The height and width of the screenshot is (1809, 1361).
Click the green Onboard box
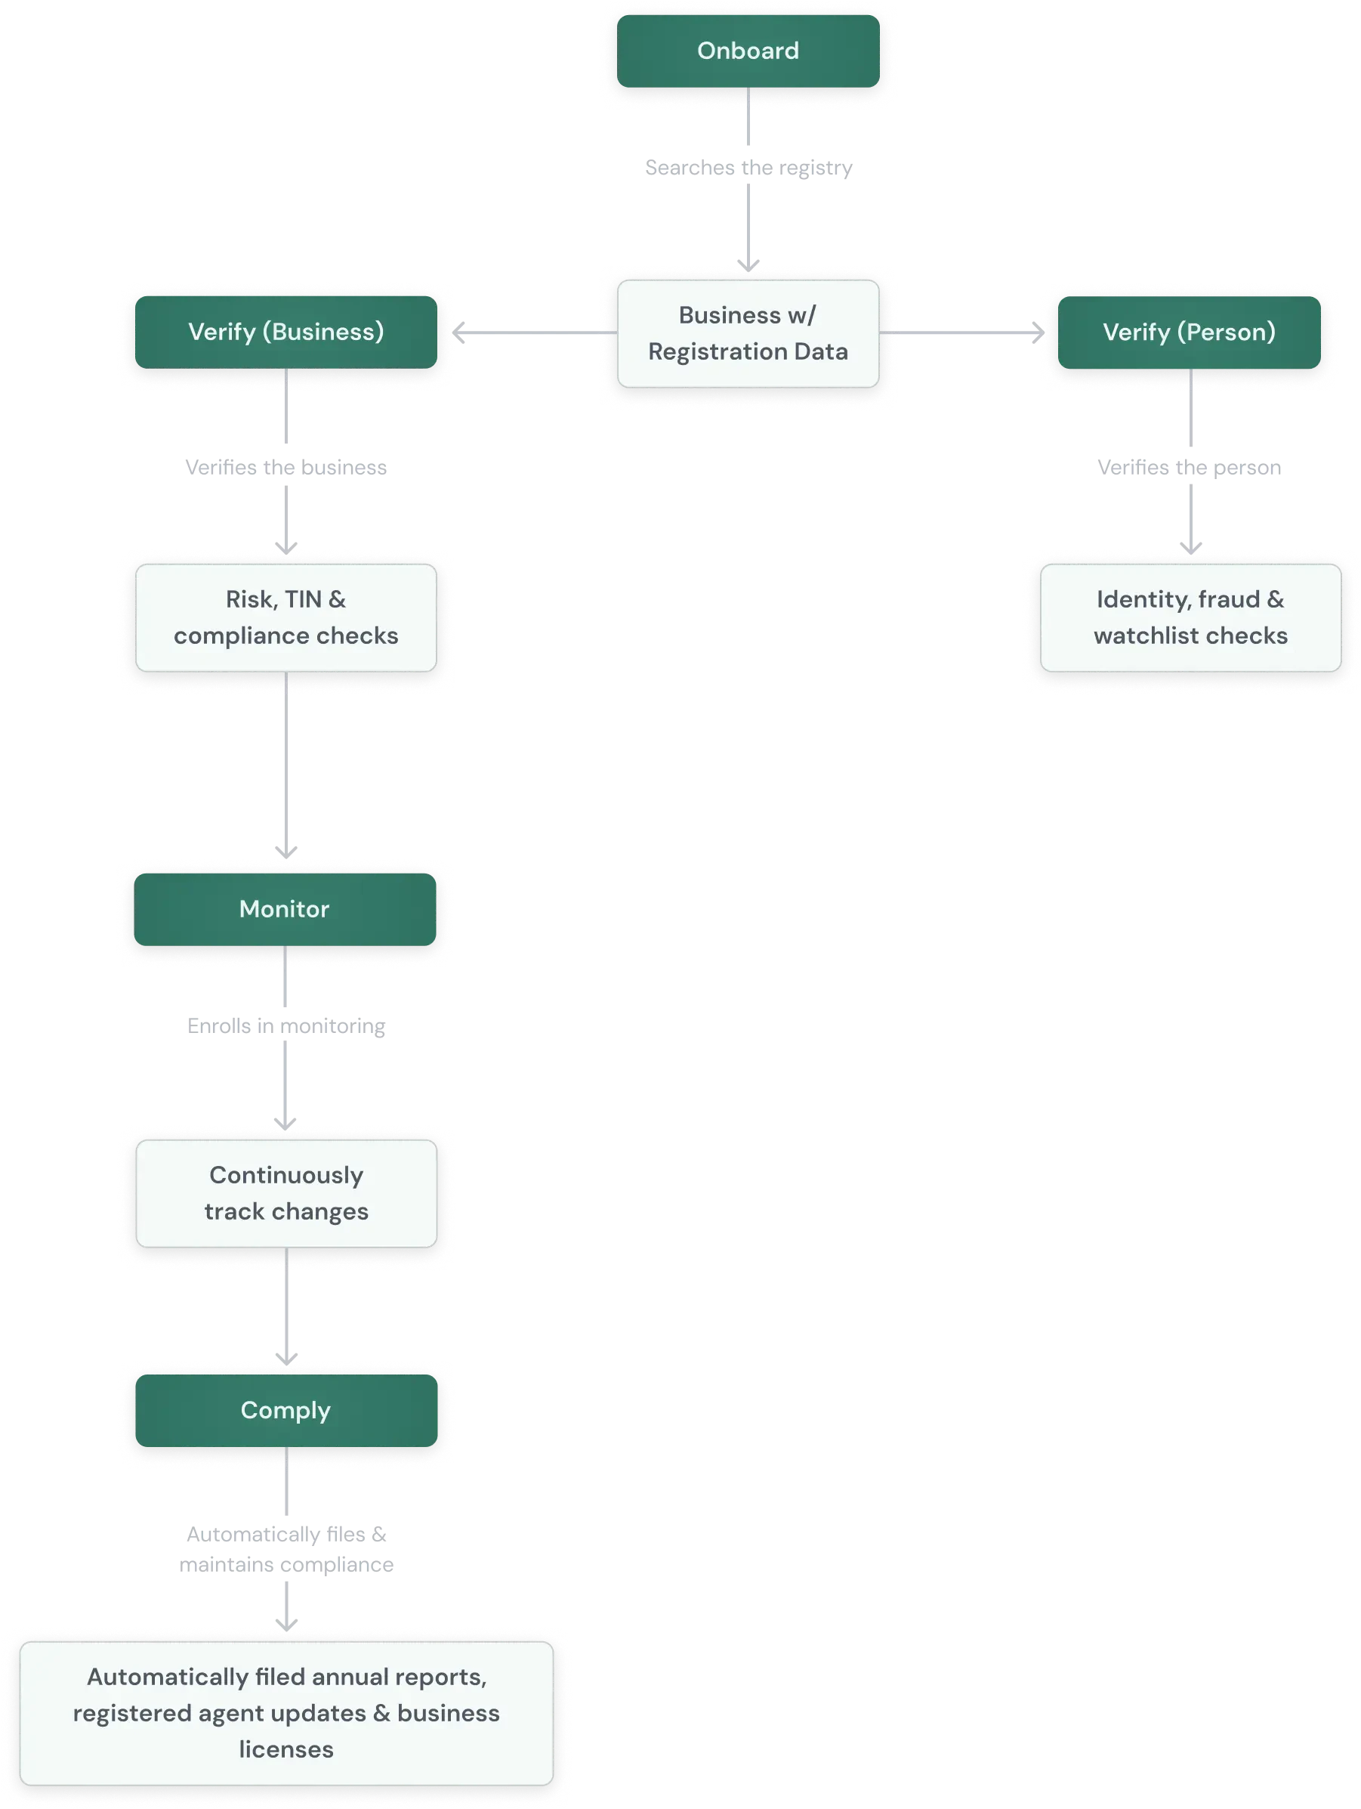[748, 51]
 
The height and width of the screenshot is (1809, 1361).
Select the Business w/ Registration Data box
[748, 334]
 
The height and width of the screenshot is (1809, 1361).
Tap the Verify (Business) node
[286, 332]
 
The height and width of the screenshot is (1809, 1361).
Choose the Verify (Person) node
[1190, 332]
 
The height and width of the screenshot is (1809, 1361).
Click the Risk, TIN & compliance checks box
[286, 617]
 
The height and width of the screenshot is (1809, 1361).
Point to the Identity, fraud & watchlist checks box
[1190, 617]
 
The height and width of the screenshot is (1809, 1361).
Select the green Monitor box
[285, 909]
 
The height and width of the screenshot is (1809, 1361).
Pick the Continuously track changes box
[286, 1193]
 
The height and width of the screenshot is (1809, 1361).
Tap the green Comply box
[286, 1411]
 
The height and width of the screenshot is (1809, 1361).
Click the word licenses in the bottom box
[286, 1750]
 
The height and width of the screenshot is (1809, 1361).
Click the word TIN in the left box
[302, 599]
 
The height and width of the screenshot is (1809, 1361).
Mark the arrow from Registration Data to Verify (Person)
[964, 332]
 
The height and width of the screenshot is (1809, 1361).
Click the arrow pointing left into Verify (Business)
[531, 332]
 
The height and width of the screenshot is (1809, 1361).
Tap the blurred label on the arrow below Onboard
[748, 168]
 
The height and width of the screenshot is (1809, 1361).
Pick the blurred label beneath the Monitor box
[286, 1025]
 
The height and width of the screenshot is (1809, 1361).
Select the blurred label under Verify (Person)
[1189, 468]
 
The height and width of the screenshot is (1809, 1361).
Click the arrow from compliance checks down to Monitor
[286, 765]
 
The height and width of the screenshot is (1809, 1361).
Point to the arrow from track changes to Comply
[286, 1309]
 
